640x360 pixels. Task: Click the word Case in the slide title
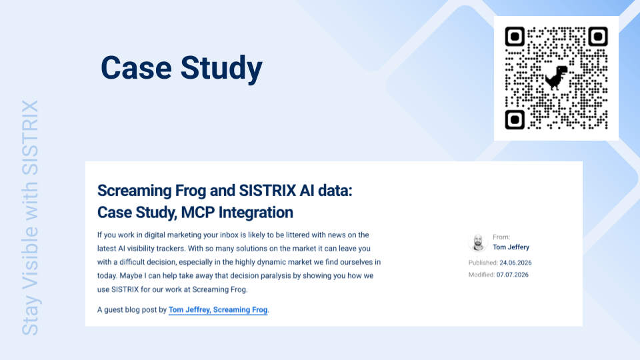click(x=136, y=67)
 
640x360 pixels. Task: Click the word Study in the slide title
click(x=221, y=69)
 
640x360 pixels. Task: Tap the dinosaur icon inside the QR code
click(x=556, y=77)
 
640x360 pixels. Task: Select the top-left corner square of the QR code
click(x=515, y=37)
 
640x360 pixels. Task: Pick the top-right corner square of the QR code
click(x=598, y=37)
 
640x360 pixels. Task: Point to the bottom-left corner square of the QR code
click(x=515, y=120)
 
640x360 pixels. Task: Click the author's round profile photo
click(x=478, y=242)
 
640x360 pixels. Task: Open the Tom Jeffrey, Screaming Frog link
click(x=218, y=310)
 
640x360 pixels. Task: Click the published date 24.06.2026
click(x=515, y=263)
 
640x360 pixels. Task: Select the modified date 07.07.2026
click(x=512, y=275)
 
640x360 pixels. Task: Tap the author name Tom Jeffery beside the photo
click(x=511, y=247)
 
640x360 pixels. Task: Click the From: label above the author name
click(x=501, y=237)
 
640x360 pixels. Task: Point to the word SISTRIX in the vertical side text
click(x=30, y=137)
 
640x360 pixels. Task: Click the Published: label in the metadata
click(x=483, y=263)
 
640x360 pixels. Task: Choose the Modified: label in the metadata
click(x=481, y=275)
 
